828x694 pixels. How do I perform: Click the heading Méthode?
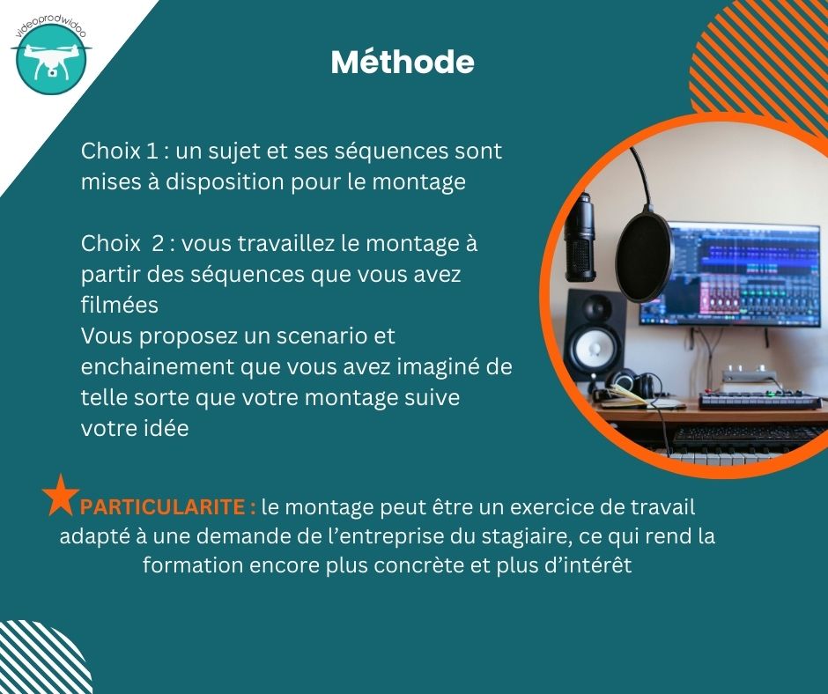click(x=403, y=62)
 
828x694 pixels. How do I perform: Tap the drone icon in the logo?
click(x=51, y=59)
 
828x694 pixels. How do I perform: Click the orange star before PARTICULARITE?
click(x=60, y=495)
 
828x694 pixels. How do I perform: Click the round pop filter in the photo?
click(x=645, y=255)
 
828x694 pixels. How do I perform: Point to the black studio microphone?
click(x=580, y=237)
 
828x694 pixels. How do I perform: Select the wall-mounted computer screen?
click(x=729, y=274)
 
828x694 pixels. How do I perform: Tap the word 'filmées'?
click(x=119, y=305)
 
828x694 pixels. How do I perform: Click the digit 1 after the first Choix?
click(x=152, y=151)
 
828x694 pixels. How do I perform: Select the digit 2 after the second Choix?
click(x=158, y=243)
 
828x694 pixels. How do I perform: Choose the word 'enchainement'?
click(x=158, y=366)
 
